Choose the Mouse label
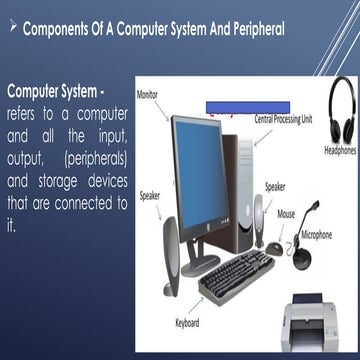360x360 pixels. [287, 212]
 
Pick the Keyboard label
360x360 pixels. [189, 322]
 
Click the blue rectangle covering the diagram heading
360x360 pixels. [247, 105]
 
